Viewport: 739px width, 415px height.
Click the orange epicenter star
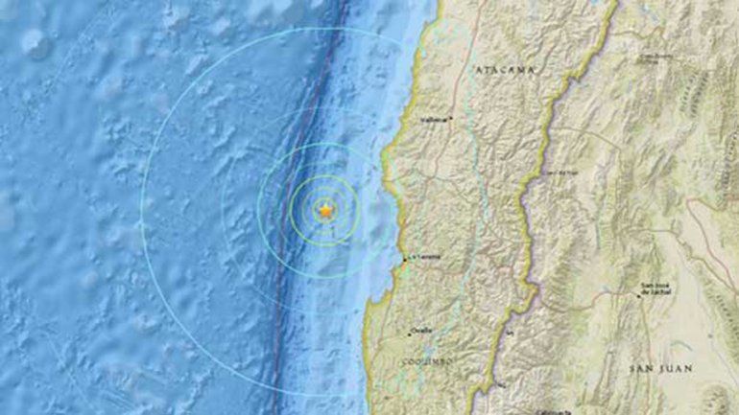pyautogui.click(x=325, y=210)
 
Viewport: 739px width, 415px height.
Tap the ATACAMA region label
pyautogui.click(x=501, y=69)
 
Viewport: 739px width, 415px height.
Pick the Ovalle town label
pyautogui.click(x=420, y=330)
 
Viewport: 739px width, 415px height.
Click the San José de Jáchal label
pyautogui.click(x=656, y=288)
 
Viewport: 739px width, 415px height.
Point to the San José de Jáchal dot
pyautogui.click(x=640, y=294)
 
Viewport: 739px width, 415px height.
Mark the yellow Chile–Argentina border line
pyautogui.click(x=527, y=192)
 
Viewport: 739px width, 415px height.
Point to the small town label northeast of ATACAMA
pyautogui.click(x=654, y=58)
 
